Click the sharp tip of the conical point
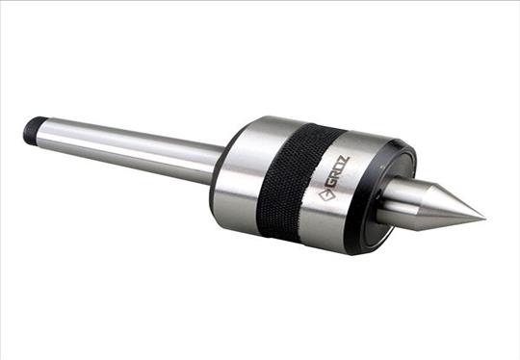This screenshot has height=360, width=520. pyautogui.click(x=485, y=219)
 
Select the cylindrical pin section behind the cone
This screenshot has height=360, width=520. pyautogui.click(x=397, y=199)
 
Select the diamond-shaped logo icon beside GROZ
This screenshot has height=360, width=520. pyautogui.click(x=325, y=194)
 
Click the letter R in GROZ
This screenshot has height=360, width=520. pyautogui.click(x=333, y=178)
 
